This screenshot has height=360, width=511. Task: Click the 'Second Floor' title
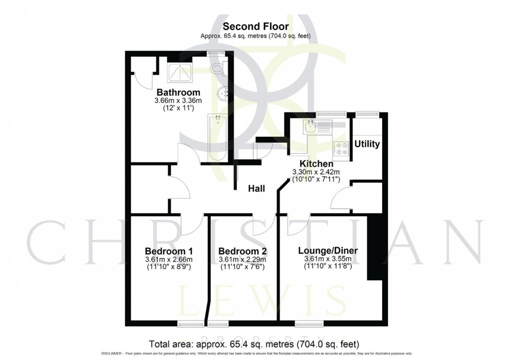(x=255, y=26)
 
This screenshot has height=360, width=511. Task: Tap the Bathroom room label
(x=178, y=93)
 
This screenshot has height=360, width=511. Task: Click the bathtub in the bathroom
(x=217, y=138)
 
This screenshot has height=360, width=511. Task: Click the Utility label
(x=367, y=144)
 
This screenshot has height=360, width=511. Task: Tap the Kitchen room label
(x=316, y=164)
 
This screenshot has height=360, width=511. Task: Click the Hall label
(x=257, y=189)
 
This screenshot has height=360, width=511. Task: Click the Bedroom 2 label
(x=242, y=251)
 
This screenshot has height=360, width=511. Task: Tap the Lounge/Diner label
(x=328, y=250)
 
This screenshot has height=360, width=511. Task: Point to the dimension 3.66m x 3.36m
(x=178, y=101)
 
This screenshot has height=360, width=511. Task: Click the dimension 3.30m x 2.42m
(x=316, y=172)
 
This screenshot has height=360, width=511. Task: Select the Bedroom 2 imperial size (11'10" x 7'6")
(x=242, y=267)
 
